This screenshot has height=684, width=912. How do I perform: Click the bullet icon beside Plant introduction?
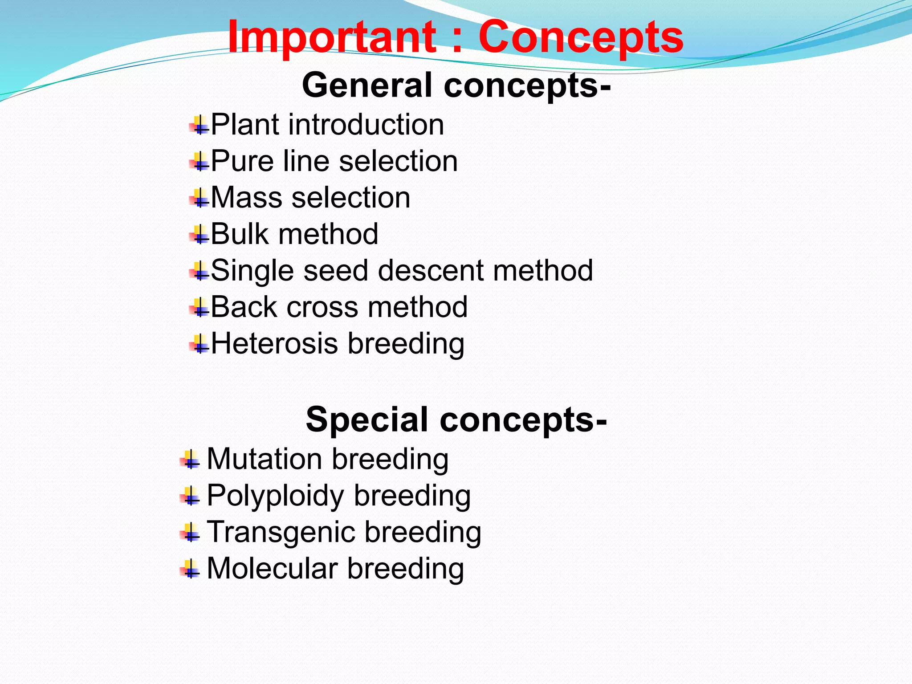pyautogui.click(x=199, y=125)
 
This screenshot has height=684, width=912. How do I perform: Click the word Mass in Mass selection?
pyautogui.click(x=246, y=197)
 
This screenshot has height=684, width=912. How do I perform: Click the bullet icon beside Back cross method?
pyautogui.click(x=199, y=308)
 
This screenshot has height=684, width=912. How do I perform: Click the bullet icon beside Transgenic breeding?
pyautogui.click(x=190, y=532)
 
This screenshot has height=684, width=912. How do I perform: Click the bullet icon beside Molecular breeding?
pyautogui.click(x=190, y=569)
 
